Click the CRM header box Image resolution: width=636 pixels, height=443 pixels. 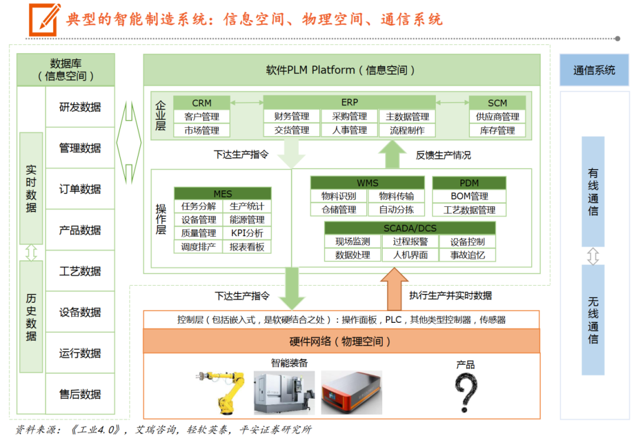201,103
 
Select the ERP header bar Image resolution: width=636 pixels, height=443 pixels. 349,103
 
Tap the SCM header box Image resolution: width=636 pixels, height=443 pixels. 497,103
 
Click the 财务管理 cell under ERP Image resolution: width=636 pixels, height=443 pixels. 291,117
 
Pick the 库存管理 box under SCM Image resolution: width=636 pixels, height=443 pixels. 497,130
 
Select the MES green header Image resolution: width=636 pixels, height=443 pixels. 223,194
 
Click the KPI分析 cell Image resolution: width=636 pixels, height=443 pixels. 247,233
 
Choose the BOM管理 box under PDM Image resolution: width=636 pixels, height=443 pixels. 469,196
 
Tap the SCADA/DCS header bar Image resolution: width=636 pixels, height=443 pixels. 410,228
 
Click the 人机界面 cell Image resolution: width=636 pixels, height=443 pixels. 410,255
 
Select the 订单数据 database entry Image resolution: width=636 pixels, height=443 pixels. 80,189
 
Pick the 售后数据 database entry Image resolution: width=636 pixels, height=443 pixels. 80,394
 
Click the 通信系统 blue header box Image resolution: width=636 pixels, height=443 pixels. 594,70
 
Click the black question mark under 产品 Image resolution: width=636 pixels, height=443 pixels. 465,394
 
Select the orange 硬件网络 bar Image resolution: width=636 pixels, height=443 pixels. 341,341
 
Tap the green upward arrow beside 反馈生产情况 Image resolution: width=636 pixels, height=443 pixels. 389,154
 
